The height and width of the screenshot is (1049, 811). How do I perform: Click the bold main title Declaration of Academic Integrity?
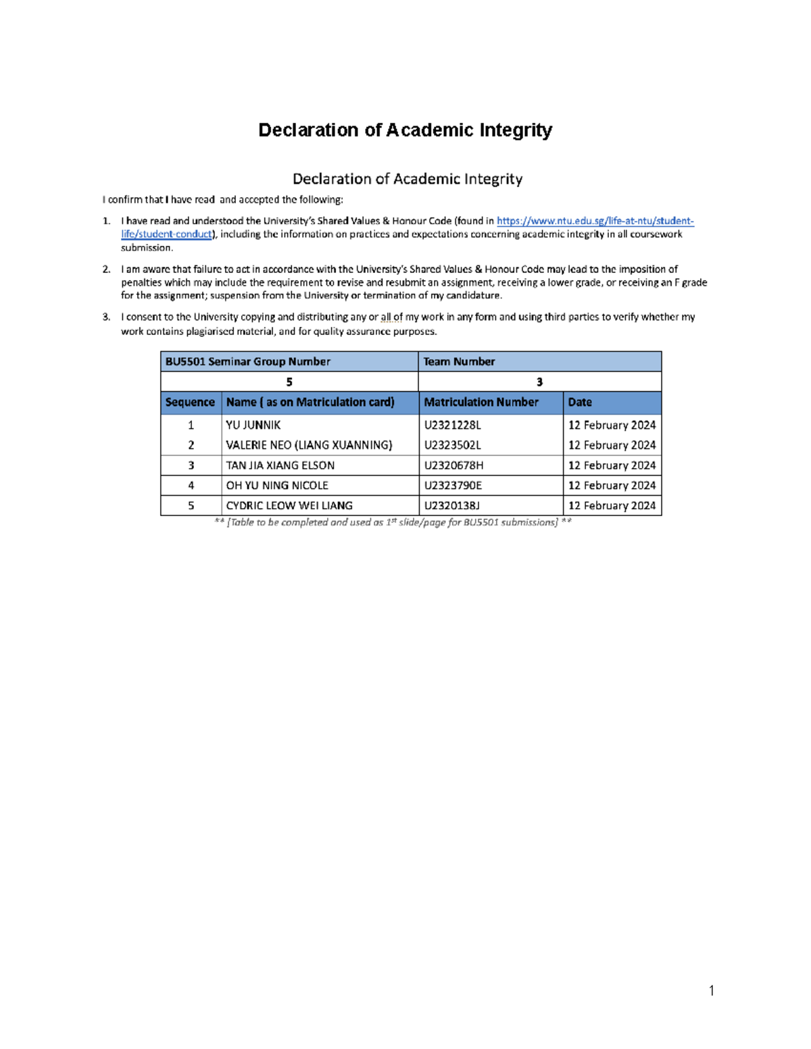(405, 130)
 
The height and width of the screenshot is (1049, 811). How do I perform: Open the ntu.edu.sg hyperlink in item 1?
(595, 221)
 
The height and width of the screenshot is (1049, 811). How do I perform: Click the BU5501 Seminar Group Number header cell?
(247, 361)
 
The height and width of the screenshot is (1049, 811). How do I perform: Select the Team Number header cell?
(459, 361)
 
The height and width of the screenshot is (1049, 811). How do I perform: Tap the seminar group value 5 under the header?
(289, 382)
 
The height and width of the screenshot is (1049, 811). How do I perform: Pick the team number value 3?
(539, 382)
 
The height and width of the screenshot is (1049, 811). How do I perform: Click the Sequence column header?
(190, 402)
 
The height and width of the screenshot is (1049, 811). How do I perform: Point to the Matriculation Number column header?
(481, 402)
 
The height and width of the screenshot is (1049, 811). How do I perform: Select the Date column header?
(580, 402)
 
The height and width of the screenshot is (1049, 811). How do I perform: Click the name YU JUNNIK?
(253, 425)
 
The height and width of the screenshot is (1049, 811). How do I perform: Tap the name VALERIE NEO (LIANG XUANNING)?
(309, 445)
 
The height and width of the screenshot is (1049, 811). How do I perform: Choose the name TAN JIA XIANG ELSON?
(280, 465)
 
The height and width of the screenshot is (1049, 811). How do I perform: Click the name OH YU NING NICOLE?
(277, 486)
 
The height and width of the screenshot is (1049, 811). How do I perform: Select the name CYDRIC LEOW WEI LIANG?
(289, 505)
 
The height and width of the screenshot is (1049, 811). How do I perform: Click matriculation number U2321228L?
(452, 425)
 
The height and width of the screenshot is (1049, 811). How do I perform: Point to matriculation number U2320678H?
(453, 465)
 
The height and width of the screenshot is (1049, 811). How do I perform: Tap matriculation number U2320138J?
(451, 505)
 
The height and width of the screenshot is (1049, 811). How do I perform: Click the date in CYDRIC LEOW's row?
(612, 505)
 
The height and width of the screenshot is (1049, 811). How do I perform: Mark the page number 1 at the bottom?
(712, 991)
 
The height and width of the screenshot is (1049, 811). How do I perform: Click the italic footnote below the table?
(393, 522)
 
